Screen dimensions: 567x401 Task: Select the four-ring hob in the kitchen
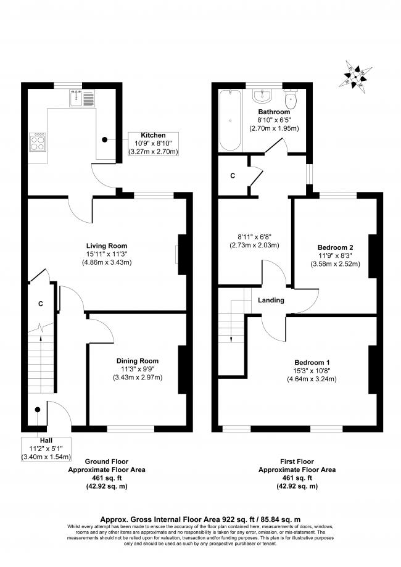coord(38,143)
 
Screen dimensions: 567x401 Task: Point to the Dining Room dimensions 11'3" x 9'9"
coord(137,370)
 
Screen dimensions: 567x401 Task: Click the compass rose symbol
coord(356,75)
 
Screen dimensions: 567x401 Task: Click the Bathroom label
coord(274,112)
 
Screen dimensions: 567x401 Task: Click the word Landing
coord(271,300)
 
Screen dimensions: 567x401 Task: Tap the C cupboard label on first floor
coord(233,176)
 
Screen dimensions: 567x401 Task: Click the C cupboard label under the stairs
coord(40,304)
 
